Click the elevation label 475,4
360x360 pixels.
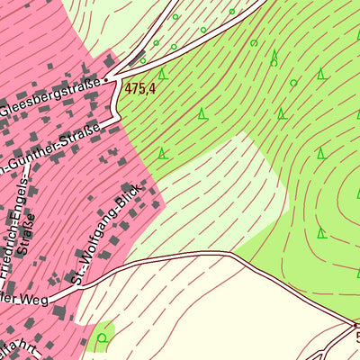140,88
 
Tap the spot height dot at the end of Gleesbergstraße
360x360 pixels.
105,79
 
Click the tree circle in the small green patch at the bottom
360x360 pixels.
102,337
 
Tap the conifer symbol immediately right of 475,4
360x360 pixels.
162,74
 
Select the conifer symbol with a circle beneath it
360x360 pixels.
274,58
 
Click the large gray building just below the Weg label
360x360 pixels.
59,311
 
